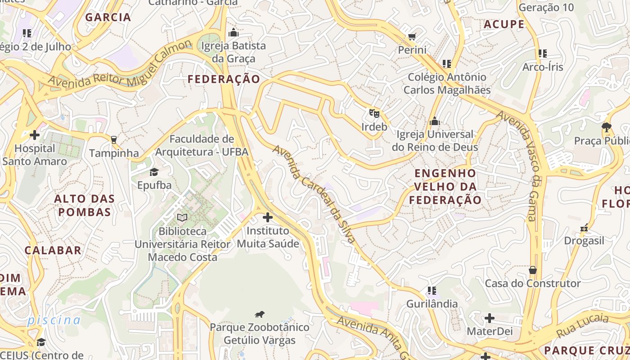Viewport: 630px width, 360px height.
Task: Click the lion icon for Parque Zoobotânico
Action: click(260, 314)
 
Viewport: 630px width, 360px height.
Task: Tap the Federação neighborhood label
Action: click(224, 80)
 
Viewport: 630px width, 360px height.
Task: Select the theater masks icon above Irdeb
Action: click(374, 113)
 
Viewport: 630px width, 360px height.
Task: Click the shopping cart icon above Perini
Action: click(412, 36)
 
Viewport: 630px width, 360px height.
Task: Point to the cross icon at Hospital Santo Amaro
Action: click(34, 135)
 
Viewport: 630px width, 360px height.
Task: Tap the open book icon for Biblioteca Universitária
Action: click(182, 218)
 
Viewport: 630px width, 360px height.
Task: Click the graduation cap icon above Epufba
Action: click(154, 172)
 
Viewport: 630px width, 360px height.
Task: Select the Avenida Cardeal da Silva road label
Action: click(314, 194)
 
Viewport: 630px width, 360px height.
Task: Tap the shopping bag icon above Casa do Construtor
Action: click(533, 270)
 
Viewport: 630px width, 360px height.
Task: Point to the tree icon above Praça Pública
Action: click(607, 127)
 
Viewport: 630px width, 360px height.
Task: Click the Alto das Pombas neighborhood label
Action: click(85, 205)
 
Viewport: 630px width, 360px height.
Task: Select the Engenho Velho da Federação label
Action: click(445, 186)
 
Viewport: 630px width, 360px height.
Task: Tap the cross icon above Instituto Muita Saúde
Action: click(268, 217)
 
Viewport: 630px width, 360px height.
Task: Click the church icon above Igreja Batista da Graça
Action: click(233, 32)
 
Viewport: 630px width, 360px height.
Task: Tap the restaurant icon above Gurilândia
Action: click(432, 291)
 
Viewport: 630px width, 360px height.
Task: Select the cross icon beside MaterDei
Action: click(490, 318)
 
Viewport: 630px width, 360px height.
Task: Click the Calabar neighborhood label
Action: click(53, 251)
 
